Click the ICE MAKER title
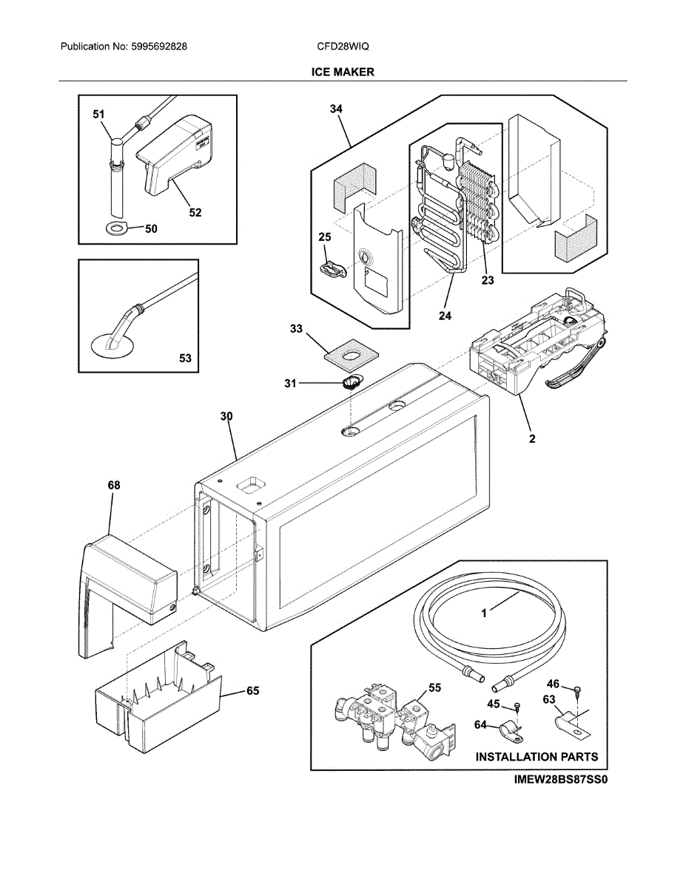click(343, 72)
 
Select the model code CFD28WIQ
click(343, 46)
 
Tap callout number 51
click(98, 115)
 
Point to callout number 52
click(195, 213)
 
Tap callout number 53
click(185, 358)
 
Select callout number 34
click(336, 109)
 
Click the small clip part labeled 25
click(334, 269)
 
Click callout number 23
click(487, 280)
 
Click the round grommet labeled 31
click(350, 383)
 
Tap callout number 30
click(226, 416)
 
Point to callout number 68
click(113, 485)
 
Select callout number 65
click(253, 690)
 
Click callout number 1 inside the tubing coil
click(485, 613)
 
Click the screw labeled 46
click(576, 690)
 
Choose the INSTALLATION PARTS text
click(537, 757)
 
